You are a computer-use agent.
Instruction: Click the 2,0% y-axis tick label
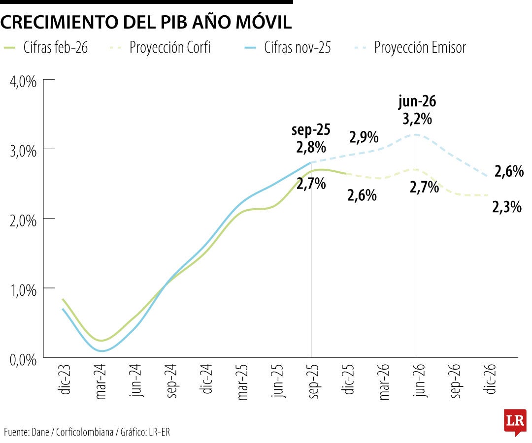[x=24, y=220]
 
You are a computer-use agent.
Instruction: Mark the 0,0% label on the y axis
[x=24, y=359]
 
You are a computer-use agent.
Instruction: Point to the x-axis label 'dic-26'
[x=489, y=380]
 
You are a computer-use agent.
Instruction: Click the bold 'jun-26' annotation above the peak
[x=417, y=102]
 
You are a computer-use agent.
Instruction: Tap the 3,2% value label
[x=417, y=119]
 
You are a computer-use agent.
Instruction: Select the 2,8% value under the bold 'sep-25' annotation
[x=311, y=147]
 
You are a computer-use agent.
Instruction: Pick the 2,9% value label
[x=364, y=137]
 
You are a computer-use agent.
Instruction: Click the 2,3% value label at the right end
[x=507, y=208]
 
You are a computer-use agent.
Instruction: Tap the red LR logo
[x=515, y=422]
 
